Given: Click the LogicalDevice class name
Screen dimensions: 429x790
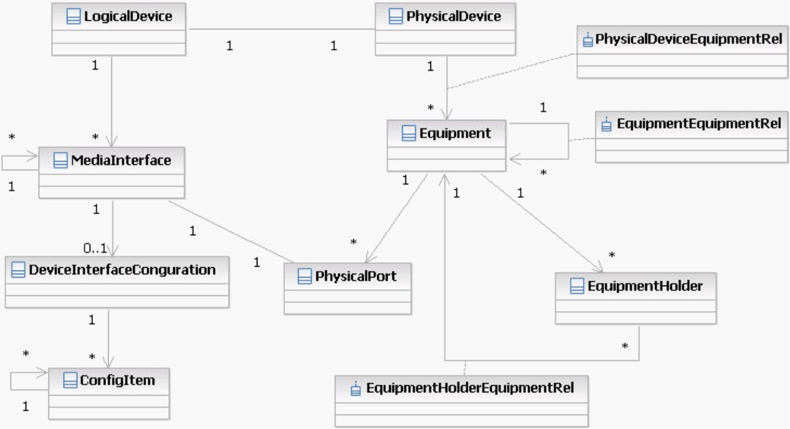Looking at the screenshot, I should [x=128, y=16].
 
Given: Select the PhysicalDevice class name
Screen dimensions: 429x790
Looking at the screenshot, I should [x=453, y=16].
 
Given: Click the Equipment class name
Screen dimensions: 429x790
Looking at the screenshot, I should [x=455, y=134].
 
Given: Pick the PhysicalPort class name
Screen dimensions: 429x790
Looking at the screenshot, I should [x=356, y=276].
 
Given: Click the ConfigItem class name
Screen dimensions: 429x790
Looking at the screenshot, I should [x=117, y=380].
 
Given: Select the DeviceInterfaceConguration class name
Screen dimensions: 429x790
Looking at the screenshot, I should [x=122, y=269].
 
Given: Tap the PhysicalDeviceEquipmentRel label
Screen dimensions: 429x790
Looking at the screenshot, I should [x=689, y=39].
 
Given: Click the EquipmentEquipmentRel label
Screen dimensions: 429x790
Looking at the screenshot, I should [x=698, y=123].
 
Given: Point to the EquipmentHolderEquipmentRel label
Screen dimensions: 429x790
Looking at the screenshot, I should [x=470, y=388].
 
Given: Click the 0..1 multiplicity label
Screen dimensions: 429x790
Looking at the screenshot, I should [x=96, y=248].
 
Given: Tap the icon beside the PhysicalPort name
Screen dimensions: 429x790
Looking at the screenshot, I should [x=305, y=277].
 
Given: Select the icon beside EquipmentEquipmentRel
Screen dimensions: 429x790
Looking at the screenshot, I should [x=607, y=124].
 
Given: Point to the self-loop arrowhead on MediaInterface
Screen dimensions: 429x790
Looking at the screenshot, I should [x=34, y=157].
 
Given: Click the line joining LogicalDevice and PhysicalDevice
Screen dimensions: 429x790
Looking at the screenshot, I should [x=282, y=29].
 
